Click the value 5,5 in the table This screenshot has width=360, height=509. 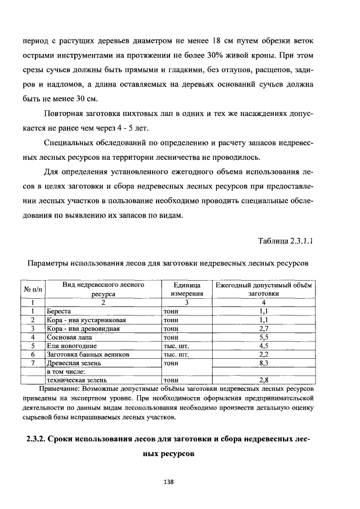point(264,337)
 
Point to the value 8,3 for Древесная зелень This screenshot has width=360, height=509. point(264,363)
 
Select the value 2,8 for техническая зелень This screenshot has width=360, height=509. point(264,380)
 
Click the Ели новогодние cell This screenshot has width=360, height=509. point(71,346)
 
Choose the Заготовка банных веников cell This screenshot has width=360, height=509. point(88,354)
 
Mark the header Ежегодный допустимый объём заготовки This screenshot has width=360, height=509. point(264,289)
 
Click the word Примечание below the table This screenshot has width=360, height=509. point(59,389)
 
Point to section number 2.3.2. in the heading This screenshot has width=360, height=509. point(40,439)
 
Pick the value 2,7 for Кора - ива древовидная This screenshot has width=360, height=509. point(264,328)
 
